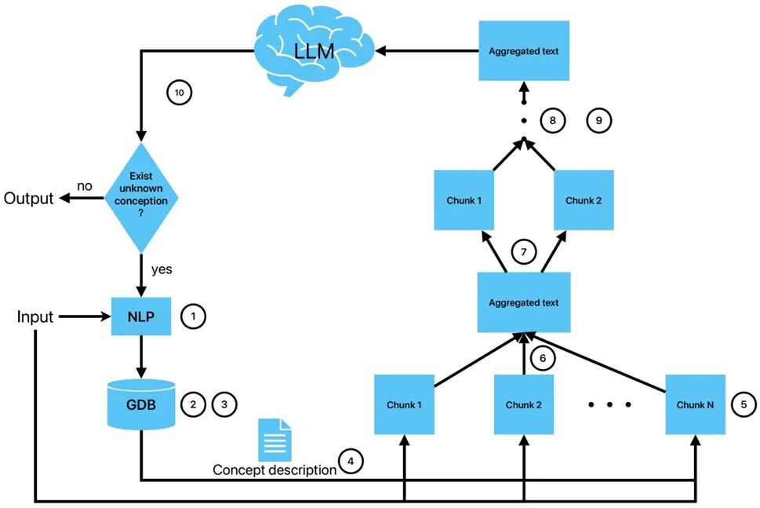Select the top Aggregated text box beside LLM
coord(523,51)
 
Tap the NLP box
coord(142,317)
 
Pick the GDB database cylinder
coord(142,404)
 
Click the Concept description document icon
coord(275,440)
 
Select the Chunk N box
coord(695,404)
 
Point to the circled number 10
coord(179,93)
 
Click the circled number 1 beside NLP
coord(193,317)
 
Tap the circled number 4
coord(351,461)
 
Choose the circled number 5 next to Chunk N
coord(744,404)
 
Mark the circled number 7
coord(523,252)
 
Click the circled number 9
coord(599,121)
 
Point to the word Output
coord(29,198)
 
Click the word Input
coord(35,317)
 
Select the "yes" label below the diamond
coord(161,269)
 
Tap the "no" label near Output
coord(85,186)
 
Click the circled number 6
coord(542,358)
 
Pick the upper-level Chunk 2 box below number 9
coord(584,200)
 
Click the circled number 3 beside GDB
coord(224,404)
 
